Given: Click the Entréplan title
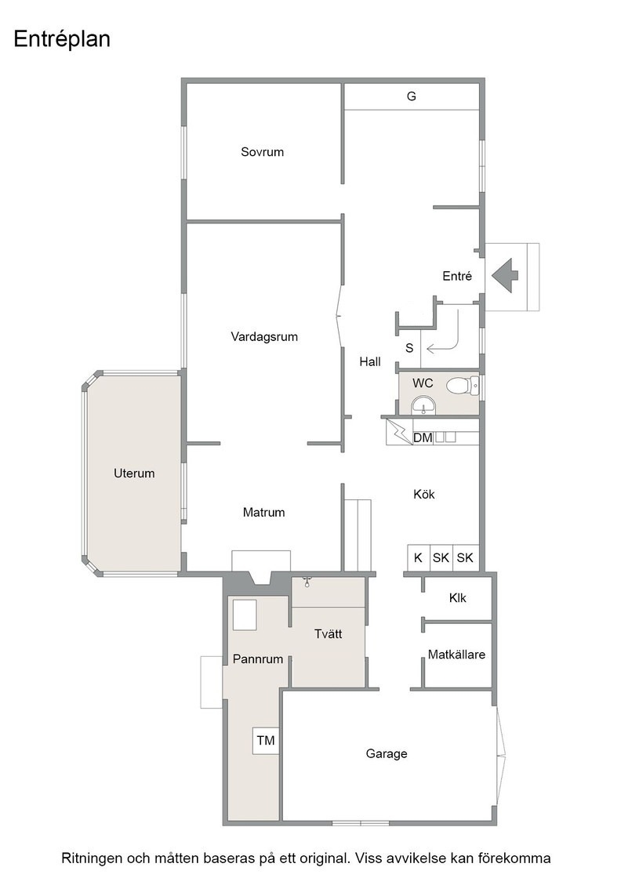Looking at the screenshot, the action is click(x=62, y=40).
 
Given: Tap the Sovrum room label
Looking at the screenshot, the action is click(x=262, y=152).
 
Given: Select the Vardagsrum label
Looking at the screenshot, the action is click(x=264, y=337).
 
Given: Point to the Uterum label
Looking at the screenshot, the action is click(x=134, y=473).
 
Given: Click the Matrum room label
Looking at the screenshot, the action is click(x=263, y=513).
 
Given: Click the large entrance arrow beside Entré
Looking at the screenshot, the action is click(x=505, y=275).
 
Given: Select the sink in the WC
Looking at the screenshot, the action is click(x=423, y=405).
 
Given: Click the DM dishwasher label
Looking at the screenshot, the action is click(x=423, y=438).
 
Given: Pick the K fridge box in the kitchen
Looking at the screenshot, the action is click(x=418, y=557).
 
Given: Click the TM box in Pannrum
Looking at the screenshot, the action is click(x=266, y=741).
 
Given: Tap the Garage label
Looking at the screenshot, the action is click(x=387, y=753).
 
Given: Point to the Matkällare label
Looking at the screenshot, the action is click(x=456, y=655).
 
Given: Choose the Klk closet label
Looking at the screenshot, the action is click(x=457, y=598).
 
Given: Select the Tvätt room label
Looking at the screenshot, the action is click(x=328, y=634).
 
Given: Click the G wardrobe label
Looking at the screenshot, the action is click(x=412, y=96).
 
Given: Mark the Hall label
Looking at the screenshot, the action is click(x=370, y=361).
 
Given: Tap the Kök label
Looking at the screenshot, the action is click(x=424, y=495).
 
